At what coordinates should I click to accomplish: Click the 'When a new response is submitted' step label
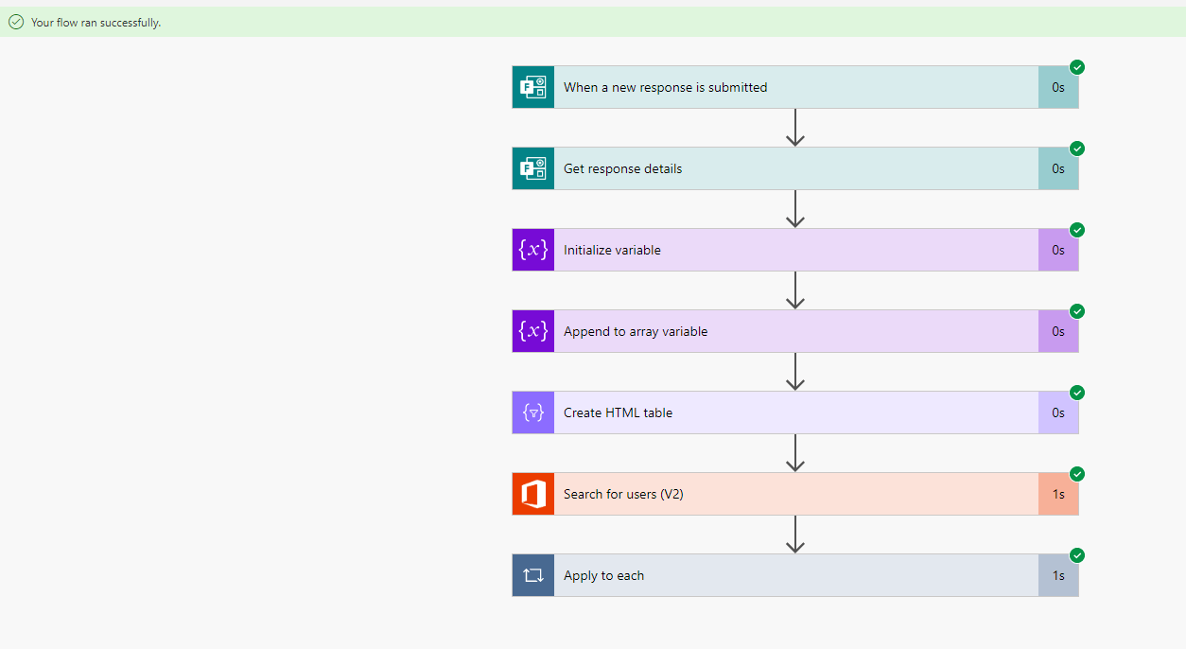(x=665, y=87)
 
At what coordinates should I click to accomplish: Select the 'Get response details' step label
(x=622, y=168)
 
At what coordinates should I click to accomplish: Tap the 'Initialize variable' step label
(x=612, y=250)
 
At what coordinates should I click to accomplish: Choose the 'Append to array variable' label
(x=636, y=331)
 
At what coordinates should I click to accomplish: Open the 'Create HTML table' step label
(x=618, y=412)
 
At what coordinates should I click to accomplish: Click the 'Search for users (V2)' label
(x=623, y=494)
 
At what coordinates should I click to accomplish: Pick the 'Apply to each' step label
(x=603, y=575)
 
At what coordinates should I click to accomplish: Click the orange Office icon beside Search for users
(x=533, y=494)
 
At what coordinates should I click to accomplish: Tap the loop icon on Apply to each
(x=533, y=575)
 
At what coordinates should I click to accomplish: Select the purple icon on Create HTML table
(x=533, y=412)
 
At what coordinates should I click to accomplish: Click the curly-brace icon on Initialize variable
(x=533, y=250)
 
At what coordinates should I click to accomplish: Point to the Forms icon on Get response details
(x=533, y=168)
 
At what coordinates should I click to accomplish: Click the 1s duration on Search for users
(x=1058, y=494)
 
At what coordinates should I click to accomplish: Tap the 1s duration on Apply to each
(x=1058, y=575)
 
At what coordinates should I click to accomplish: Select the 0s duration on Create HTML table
(x=1058, y=412)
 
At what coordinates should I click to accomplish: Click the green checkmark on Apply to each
(x=1077, y=555)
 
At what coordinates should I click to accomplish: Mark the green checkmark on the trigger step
(x=1077, y=67)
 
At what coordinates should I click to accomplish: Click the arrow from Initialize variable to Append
(x=795, y=290)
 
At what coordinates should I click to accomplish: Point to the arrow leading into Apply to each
(x=795, y=535)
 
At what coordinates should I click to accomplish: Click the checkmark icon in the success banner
(x=16, y=22)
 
